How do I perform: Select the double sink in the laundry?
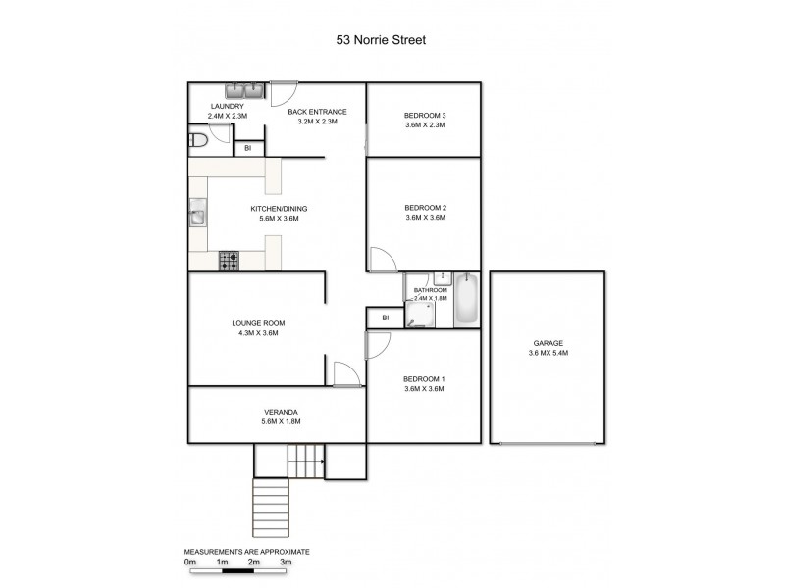tap(248, 92)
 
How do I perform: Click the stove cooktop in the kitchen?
tap(230, 261)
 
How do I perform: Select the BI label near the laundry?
tap(248, 149)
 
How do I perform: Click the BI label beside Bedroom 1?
tap(386, 318)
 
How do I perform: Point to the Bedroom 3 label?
tap(424, 115)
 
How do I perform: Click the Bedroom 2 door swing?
tap(381, 259)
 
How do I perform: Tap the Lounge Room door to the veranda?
tap(345, 373)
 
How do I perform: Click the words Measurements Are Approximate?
tap(246, 552)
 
